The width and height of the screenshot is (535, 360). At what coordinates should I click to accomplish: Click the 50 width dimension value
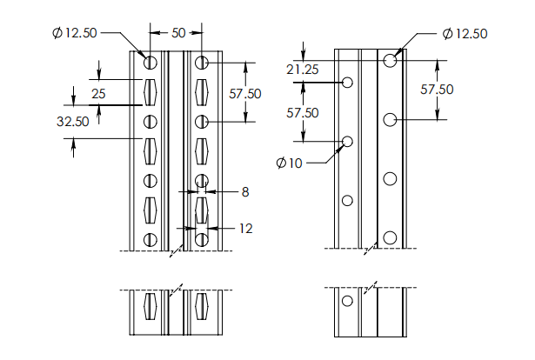[178, 32]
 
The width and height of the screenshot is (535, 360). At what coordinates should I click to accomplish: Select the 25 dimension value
[98, 92]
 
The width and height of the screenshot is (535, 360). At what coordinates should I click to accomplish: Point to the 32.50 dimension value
[73, 122]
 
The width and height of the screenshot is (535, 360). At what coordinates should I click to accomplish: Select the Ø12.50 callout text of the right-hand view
[465, 33]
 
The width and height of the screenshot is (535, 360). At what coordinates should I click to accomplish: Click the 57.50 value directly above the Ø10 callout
[303, 112]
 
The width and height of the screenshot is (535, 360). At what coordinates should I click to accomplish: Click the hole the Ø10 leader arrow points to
[348, 141]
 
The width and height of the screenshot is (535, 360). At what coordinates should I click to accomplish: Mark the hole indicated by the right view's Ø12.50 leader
[391, 60]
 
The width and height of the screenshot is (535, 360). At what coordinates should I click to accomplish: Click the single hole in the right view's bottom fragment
[348, 301]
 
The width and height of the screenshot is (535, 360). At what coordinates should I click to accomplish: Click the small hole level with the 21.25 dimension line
[348, 82]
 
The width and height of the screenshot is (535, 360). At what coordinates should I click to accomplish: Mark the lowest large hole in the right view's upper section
[391, 237]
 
